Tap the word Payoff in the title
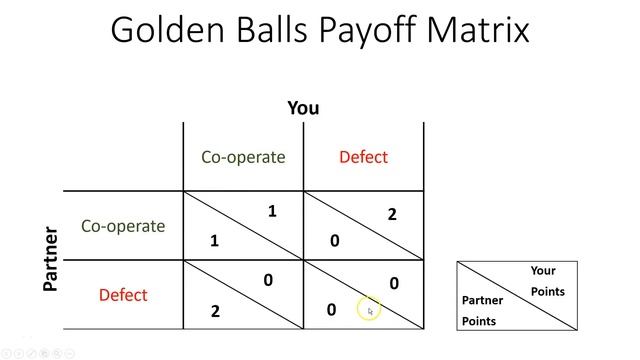click(x=372, y=32)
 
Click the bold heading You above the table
click(x=303, y=108)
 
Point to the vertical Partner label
click(x=51, y=259)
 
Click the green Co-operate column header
click(x=243, y=157)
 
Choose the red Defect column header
click(x=363, y=157)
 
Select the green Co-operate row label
click(x=123, y=226)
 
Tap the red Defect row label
click(x=123, y=295)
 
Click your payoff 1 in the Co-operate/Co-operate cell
click(x=272, y=211)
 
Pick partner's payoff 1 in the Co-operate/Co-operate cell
click(x=214, y=241)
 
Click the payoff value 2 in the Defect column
click(x=392, y=214)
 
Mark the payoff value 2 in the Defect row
click(x=215, y=311)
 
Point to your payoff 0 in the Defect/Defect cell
click(x=394, y=284)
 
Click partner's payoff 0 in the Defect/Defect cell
click(x=332, y=310)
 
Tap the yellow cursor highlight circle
click(x=368, y=309)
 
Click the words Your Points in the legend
click(x=545, y=281)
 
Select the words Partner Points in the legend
click(x=483, y=310)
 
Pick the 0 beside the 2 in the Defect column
click(x=334, y=241)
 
